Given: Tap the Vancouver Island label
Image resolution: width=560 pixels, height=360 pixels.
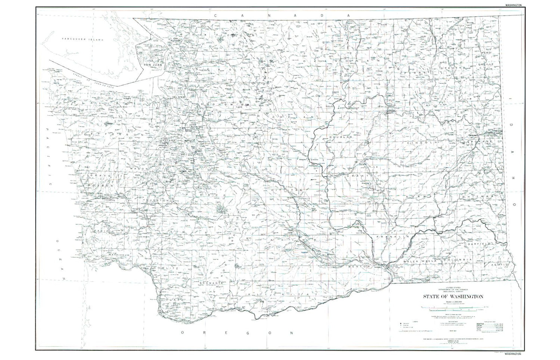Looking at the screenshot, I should click(x=83, y=39).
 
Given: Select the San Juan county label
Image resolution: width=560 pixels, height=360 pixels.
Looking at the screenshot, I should click(x=153, y=65).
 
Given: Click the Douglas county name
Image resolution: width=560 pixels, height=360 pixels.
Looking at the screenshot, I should click(x=340, y=137).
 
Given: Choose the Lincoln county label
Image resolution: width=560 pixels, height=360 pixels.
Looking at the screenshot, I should click(x=422, y=143).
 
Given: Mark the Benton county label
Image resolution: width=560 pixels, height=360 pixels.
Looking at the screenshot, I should click(x=358, y=267).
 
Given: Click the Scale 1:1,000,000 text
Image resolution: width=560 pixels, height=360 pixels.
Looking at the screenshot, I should click(x=453, y=302).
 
